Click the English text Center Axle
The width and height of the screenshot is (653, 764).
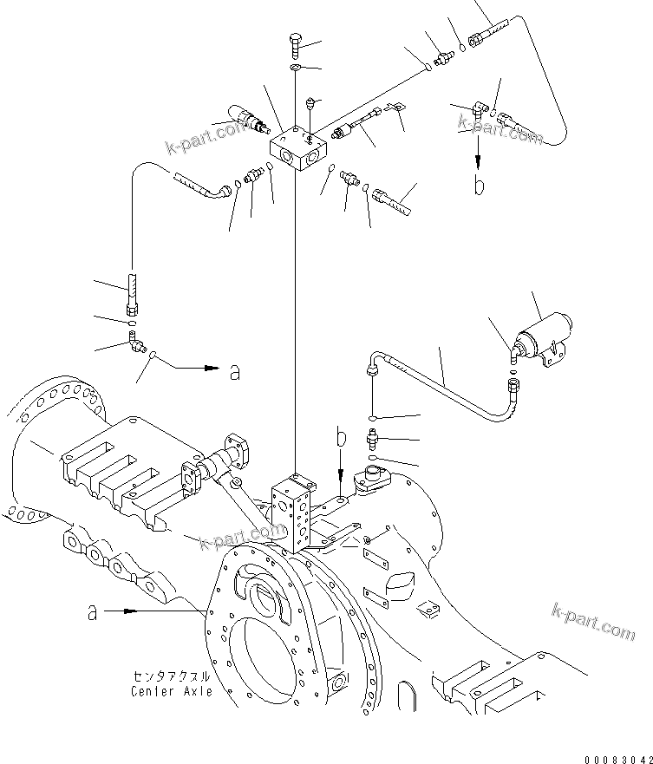172,691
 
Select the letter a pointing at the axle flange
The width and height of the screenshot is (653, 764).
93,611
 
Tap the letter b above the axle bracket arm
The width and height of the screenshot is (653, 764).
341,437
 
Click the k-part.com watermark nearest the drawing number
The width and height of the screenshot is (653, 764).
593,619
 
